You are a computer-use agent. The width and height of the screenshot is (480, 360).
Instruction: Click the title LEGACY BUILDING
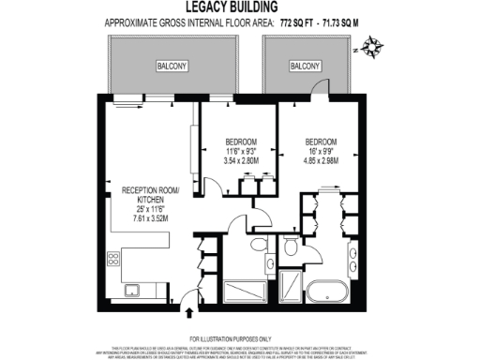pos(239,7)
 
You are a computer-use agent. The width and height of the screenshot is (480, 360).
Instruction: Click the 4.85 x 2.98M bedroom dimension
pos(321,160)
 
